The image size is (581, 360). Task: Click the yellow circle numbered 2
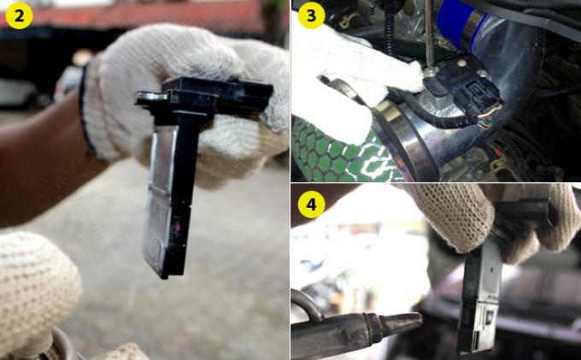tap(20, 15)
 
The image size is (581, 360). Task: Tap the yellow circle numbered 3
tap(311, 15)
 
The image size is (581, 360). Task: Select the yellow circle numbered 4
tap(311, 204)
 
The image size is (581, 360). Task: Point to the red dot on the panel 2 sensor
tap(178, 227)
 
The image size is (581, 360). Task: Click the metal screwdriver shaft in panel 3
tap(430, 33)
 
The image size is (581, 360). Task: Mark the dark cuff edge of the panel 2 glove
tap(85, 111)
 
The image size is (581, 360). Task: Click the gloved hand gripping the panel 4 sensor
tap(493, 219)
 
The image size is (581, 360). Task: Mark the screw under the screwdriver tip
tap(431, 72)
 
